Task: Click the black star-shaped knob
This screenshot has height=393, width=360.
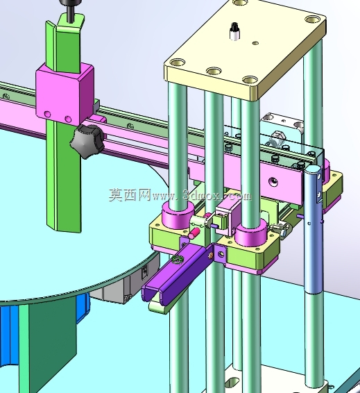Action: coord(87,142)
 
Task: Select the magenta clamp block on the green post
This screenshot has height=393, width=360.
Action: coord(65,94)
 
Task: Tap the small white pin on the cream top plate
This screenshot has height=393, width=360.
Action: coord(234,31)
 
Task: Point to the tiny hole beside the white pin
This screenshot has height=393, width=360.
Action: coord(255,43)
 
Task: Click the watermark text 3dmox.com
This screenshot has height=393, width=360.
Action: coord(217,195)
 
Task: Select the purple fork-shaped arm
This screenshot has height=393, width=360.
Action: coord(178,272)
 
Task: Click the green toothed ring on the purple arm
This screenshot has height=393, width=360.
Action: coord(177,260)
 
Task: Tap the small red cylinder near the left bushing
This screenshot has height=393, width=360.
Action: coord(194,233)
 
